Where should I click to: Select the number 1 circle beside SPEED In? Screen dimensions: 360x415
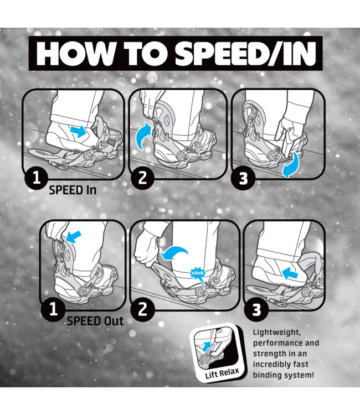(x=37, y=177)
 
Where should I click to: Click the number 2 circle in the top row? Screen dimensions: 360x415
(x=142, y=177)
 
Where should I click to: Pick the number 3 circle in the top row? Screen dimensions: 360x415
(x=243, y=178)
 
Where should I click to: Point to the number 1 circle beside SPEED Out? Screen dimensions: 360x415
(x=53, y=309)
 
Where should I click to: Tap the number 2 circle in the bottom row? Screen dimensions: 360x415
(x=142, y=309)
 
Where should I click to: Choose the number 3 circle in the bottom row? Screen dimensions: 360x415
(x=256, y=309)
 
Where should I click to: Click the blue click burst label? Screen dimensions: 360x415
(x=197, y=273)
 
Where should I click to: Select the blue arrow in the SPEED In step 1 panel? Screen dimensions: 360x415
(x=79, y=132)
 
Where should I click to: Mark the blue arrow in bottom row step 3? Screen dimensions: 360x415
(x=290, y=273)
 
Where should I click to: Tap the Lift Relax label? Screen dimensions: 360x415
(x=222, y=373)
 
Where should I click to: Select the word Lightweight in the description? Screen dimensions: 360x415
(x=277, y=333)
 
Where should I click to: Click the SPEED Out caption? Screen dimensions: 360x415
(x=95, y=321)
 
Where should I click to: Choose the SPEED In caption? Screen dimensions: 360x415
(x=73, y=190)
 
